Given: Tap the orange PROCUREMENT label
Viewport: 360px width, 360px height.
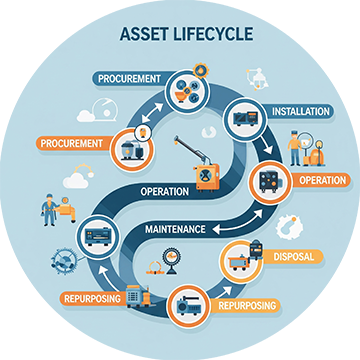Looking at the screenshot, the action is tap(70, 143).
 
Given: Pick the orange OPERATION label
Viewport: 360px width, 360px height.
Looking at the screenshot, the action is tap(320, 181).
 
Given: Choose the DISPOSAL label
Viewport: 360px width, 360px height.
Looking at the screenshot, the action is tap(292, 257).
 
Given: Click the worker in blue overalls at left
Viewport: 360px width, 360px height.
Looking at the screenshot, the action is tap(47, 207).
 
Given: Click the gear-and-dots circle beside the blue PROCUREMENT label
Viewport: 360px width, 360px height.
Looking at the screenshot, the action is tap(188, 87).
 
